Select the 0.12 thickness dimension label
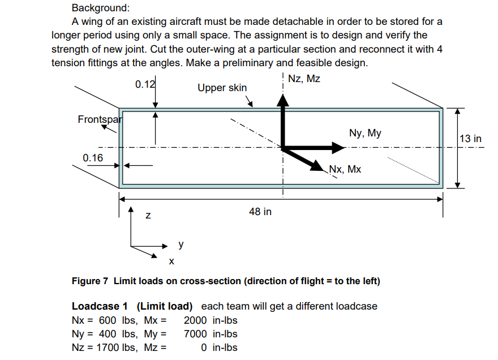pyautogui.click(x=145, y=84)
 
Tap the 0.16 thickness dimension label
pyautogui.click(x=93, y=157)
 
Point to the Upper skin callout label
pyautogui.click(x=222, y=88)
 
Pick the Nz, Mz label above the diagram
pyautogui.click(x=304, y=79)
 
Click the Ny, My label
pyautogui.click(x=365, y=134)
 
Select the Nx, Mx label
pyautogui.click(x=345, y=169)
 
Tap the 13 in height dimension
pyautogui.click(x=470, y=139)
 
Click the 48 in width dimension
pyautogui.click(x=260, y=212)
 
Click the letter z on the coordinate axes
pyautogui.click(x=148, y=216)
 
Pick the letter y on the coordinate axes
pyautogui.click(x=181, y=245)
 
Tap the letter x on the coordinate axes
pyautogui.click(x=171, y=261)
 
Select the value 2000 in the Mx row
pyautogui.click(x=195, y=320)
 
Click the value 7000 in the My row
pyautogui.click(x=195, y=334)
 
